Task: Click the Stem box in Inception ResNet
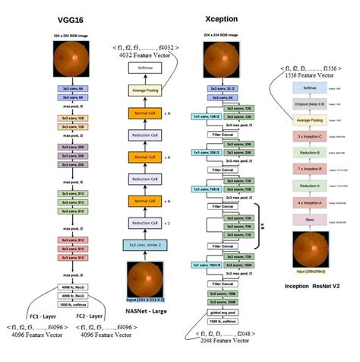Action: coord(315,220)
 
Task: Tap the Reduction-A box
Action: coord(315,185)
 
